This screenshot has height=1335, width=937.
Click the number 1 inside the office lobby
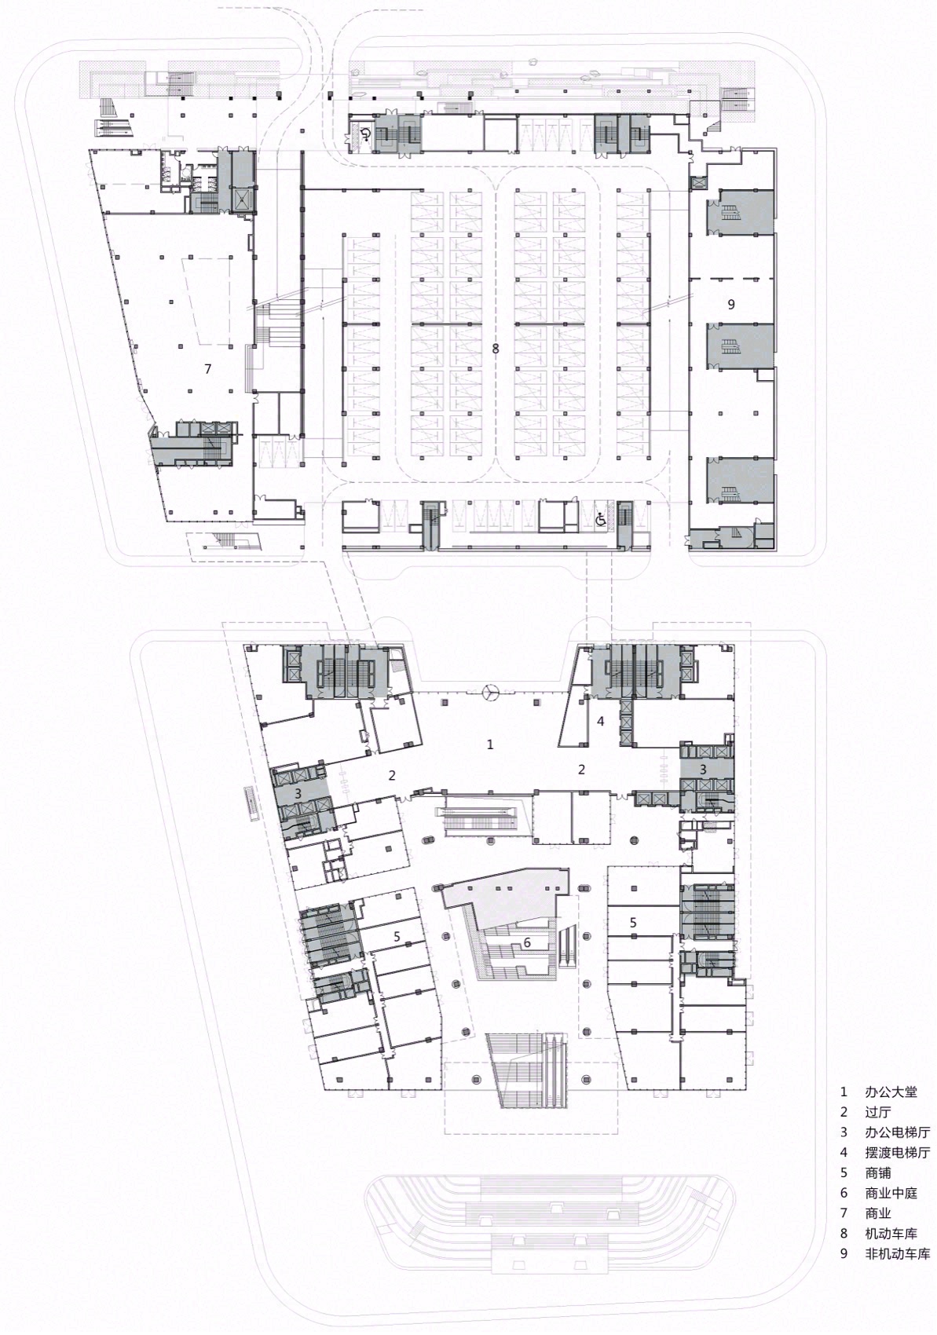[x=490, y=744]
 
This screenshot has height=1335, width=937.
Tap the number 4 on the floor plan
[x=601, y=720]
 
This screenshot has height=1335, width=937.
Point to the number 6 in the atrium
[x=527, y=942]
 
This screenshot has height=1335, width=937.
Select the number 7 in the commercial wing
[x=207, y=368]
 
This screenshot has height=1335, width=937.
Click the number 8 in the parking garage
[x=495, y=348]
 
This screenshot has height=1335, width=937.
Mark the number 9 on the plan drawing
[x=730, y=305]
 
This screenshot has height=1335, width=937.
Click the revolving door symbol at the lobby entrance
[x=491, y=692]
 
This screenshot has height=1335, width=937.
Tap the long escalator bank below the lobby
[x=481, y=819]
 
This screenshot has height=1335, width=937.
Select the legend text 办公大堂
[x=890, y=1092]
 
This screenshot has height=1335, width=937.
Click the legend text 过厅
[x=879, y=1112]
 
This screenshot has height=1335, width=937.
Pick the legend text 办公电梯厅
[x=897, y=1132]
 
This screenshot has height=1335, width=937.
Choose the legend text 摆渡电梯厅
[x=897, y=1153]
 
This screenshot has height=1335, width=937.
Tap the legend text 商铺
[x=879, y=1172]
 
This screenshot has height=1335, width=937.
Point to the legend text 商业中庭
[x=890, y=1193]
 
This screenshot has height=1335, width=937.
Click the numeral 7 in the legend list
[x=844, y=1213]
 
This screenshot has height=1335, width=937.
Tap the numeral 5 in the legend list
[x=844, y=1172]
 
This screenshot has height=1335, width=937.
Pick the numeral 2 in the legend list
[x=844, y=1112]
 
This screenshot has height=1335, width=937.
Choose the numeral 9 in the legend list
[x=844, y=1254]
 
